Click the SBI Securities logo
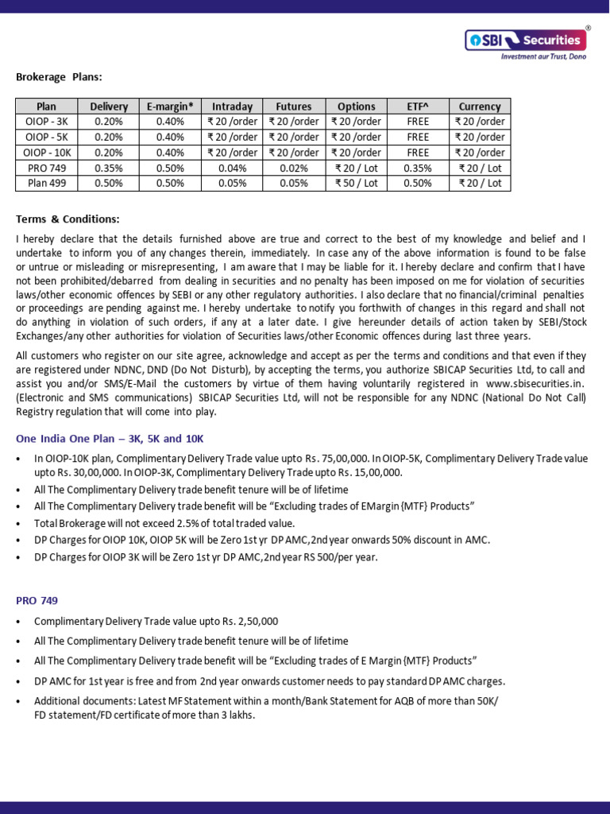[x=525, y=40]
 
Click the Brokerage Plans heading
[x=59, y=77]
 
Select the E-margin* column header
[x=170, y=107]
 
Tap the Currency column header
[x=480, y=107]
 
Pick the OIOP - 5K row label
[x=47, y=137]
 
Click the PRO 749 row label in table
[x=47, y=168]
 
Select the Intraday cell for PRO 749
[x=232, y=168]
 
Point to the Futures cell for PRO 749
[x=294, y=168]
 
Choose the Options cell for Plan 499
[x=356, y=183]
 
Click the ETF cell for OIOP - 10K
[x=418, y=153]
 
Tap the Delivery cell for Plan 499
[x=109, y=183]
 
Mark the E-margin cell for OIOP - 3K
[x=170, y=122]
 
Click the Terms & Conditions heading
[x=67, y=219]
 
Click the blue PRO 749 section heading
[x=37, y=600]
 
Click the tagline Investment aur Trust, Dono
[x=542, y=57]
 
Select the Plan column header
[x=47, y=107]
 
